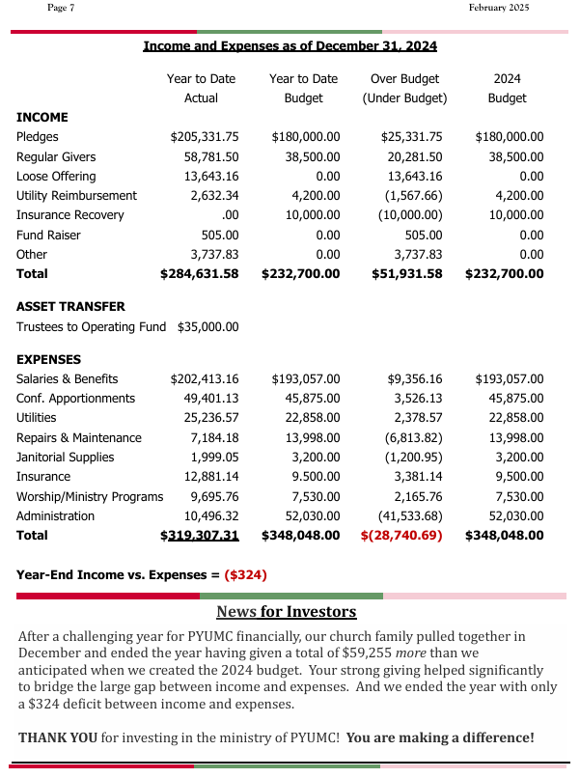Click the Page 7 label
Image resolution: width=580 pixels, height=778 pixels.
[61, 8]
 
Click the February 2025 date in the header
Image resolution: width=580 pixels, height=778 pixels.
[499, 8]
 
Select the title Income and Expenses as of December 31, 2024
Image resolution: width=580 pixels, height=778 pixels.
[290, 45]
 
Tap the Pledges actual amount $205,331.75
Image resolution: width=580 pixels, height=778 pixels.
[205, 137]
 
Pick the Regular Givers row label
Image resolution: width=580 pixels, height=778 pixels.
[56, 156]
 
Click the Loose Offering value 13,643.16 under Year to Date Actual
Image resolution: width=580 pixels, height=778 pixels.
[211, 176]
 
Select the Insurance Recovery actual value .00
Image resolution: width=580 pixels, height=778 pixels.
[230, 215]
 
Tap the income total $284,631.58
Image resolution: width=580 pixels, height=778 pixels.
[199, 274]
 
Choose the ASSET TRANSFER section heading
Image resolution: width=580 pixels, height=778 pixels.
[70, 306]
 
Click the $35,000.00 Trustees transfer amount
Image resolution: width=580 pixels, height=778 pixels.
[207, 326]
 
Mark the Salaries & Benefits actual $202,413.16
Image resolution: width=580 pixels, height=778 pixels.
[205, 378]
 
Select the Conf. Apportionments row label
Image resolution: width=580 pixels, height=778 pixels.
[75, 398]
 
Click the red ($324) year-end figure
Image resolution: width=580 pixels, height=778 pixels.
[245, 574]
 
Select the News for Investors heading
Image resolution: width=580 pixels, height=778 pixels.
[286, 612]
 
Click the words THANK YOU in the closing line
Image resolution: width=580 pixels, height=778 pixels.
[58, 737]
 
